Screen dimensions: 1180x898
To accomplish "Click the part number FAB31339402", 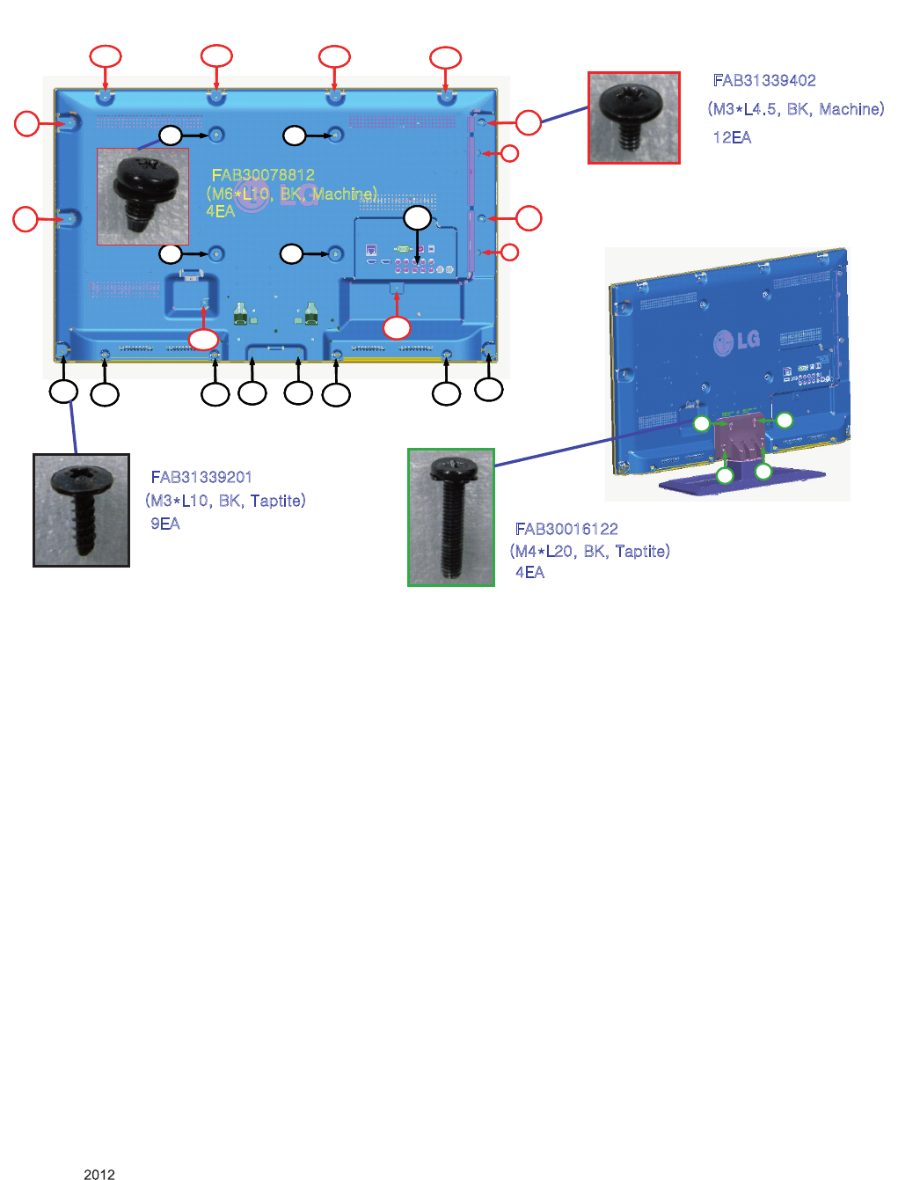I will click(764, 81).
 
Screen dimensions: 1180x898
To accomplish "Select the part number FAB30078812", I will click(263, 175).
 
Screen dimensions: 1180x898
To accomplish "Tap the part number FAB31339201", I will click(201, 477).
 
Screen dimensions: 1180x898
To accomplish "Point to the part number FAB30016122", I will click(566, 529).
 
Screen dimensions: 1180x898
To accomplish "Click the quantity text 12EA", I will click(732, 137).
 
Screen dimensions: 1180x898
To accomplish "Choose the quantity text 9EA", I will click(165, 524).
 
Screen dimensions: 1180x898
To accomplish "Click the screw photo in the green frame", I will click(451, 517).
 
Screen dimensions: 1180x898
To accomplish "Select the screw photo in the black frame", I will click(81, 510).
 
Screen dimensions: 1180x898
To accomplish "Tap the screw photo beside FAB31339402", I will click(633, 118).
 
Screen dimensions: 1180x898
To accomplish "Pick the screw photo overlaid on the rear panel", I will click(142, 195).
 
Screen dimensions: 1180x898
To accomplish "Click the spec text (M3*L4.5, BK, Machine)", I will click(796, 109).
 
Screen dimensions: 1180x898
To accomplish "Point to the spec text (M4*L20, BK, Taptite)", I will click(590, 551).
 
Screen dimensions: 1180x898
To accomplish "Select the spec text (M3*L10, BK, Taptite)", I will click(226, 501).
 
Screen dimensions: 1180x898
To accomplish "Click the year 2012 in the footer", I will click(99, 1174).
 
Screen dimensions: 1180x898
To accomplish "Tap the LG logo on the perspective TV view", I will click(736, 340).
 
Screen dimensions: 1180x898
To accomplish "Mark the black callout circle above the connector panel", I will click(417, 218).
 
